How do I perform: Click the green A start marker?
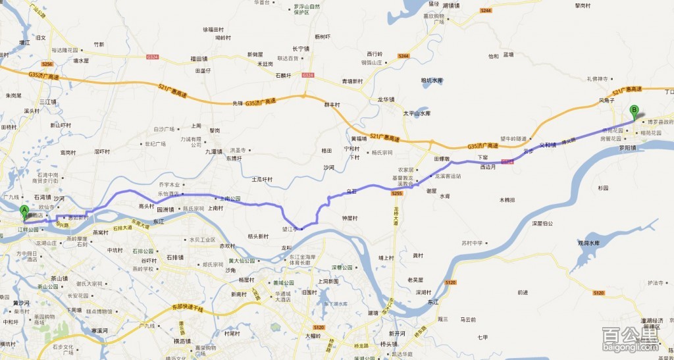[25, 213]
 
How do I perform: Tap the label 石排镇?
[174, 257]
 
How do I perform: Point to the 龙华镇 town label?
[386, 100]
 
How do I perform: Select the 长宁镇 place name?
[300, 49]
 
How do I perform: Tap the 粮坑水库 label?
[432, 81]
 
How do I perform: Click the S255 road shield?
[396, 193]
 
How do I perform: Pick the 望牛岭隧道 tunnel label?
[512, 139]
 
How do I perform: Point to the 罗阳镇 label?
[628, 148]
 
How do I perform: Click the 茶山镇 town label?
[51, 278]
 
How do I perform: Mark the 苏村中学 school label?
[472, 243]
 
